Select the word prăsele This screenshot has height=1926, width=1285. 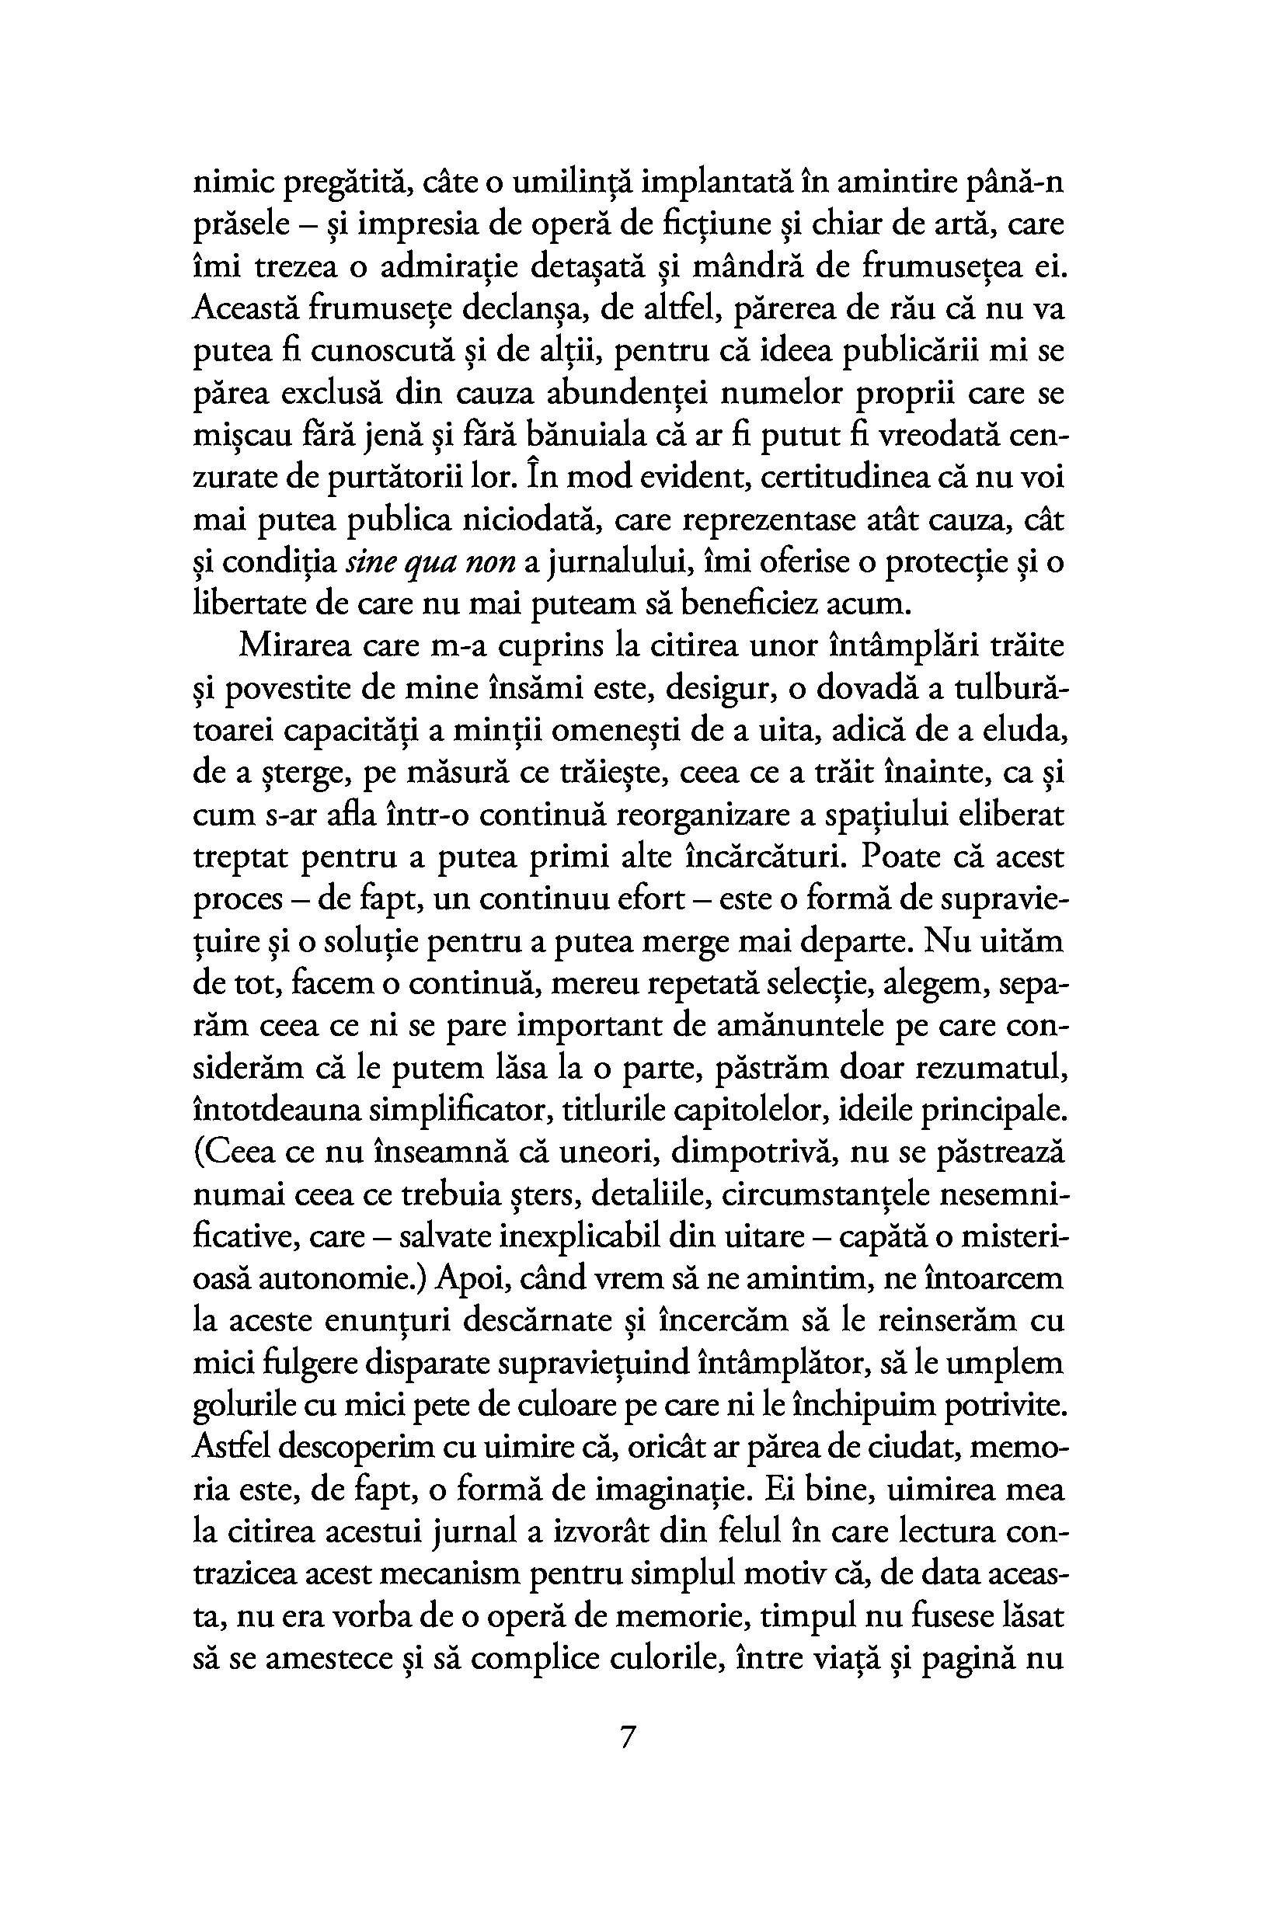(x=241, y=224)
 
